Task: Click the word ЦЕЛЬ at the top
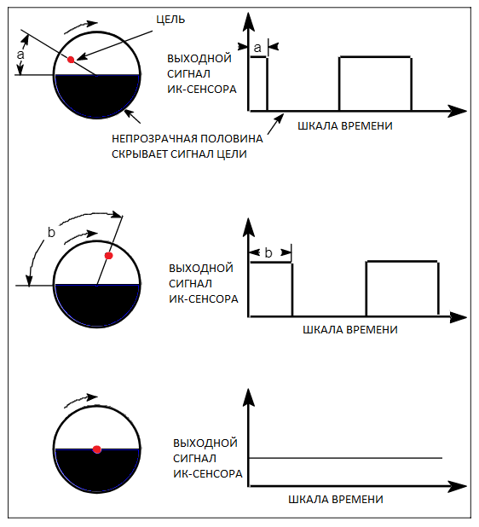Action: pyautogui.click(x=170, y=20)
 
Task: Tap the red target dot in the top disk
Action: pyautogui.click(x=71, y=60)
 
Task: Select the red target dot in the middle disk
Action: pyautogui.click(x=108, y=256)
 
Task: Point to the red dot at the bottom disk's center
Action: pyautogui.click(x=97, y=449)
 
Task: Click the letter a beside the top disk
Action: pyautogui.click(x=20, y=55)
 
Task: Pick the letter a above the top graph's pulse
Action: pyautogui.click(x=257, y=48)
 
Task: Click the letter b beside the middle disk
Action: pyautogui.click(x=51, y=232)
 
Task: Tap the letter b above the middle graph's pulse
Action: pyautogui.click(x=268, y=252)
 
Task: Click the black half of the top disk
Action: pyautogui.click(x=97, y=94)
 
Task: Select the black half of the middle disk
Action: pyautogui.click(x=97, y=304)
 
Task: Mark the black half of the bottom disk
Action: pyautogui.click(x=97, y=469)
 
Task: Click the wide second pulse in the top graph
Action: pyautogui.click(x=375, y=57)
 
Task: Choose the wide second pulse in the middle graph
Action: pyautogui.click(x=402, y=261)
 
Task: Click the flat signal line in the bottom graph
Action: pyautogui.click(x=345, y=458)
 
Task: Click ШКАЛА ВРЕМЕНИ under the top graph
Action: pyautogui.click(x=345, y=126)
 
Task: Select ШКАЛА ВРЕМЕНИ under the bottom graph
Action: pyautogui.click(x=336, y=500)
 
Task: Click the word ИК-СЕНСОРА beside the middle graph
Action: pyautogui.click(x=204, y=298)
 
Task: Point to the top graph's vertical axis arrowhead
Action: pyautogui.click(x=248, y=22)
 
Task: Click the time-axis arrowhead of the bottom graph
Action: pyautogui.click(x=457, y=486)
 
